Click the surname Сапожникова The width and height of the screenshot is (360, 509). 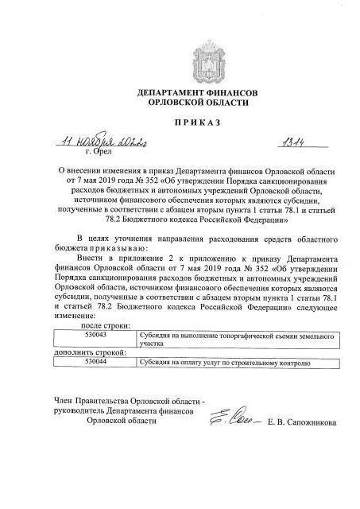point(310,422)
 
